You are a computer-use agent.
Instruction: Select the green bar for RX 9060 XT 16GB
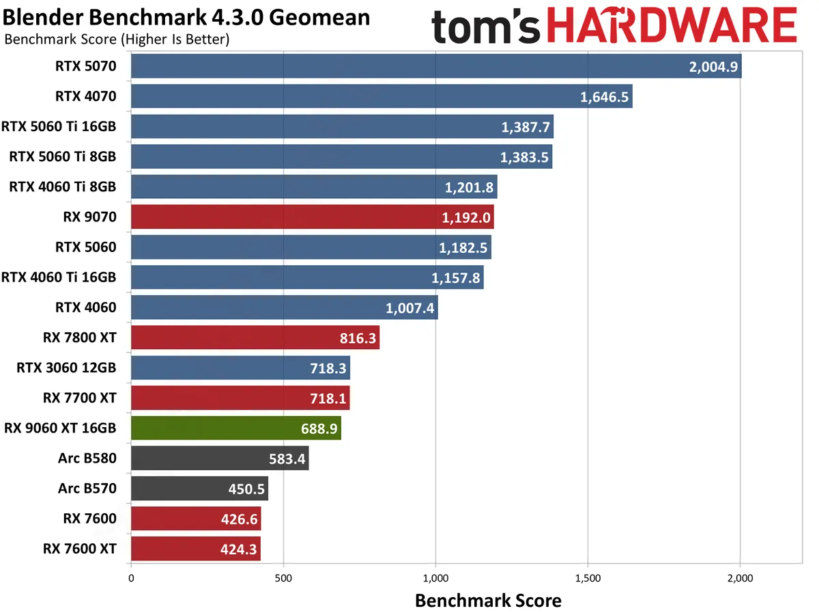click(x=235, y=428)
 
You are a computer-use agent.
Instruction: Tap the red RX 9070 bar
click(x=312, y=217)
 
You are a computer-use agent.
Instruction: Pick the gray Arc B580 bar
click(x=219, y=458)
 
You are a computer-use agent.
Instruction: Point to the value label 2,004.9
click(x=713, y=67)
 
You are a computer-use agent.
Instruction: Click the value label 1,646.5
click(x=604, y=97)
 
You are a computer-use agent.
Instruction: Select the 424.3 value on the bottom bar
click(x=238, y=549)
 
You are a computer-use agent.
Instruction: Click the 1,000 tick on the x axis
click(x=435, y=578)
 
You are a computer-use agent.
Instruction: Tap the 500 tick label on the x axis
click(x=283, y=578)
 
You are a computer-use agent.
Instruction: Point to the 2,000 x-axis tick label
click(x=740, y=578)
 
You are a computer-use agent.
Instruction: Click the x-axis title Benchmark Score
click(x=488, y=601)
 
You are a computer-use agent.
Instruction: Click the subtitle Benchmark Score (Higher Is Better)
click(x=117, y=39)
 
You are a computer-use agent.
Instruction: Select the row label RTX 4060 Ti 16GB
click(x=59, y=277)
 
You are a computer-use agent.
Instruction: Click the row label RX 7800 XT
click(x=79, y=338)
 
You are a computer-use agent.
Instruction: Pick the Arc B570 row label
click(x=87, y=489)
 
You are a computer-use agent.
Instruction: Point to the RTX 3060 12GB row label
click(x=66, y=368)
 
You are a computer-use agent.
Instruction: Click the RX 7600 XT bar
click(x=195, y=549)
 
